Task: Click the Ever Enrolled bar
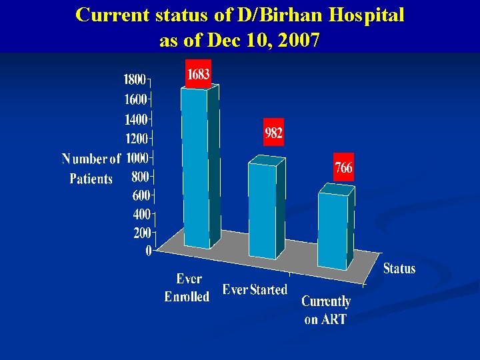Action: pyautogui.click(x=195, y=167)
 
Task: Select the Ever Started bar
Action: pyautogui.click(x=262, y=210)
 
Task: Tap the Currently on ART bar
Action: pyautogui.click(x=332, y=230)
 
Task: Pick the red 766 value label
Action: pyautogui.click(x=343, y=168)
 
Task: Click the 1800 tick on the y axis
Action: pyautogui.click(x=135, y=80)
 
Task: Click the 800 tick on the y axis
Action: pyautogui.click(x=140, y=177)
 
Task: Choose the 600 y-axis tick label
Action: pyautogui.click(x=140, y=196)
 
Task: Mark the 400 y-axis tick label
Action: pyautogui.click(x=140, y=215)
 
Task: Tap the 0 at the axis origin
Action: pyautogui.click(x=148, y=251)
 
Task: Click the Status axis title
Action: pyautogui.click(x=399, y=269)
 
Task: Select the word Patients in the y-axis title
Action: pyautogui.click(x=91, y=179)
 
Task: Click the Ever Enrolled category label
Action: pyautogui.click(x=187, y=288)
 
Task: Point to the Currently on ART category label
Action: pyautogui.click(x=326, y=310)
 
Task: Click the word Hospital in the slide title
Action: pyautogui.click(x=363, y=15)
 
